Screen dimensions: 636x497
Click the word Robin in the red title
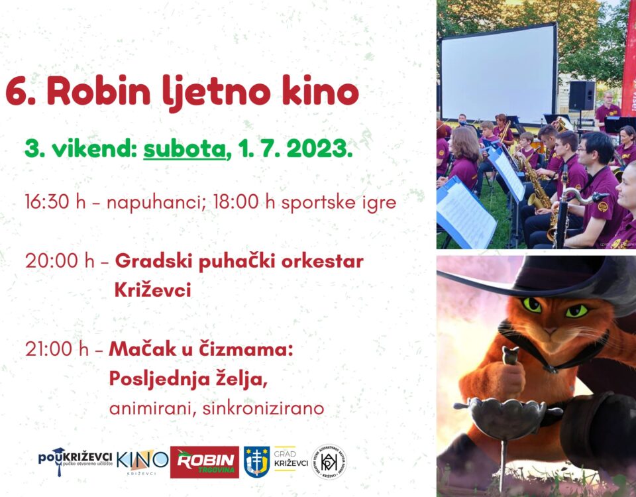[99, 91]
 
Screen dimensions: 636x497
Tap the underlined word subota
[184, 149]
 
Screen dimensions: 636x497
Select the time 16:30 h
[55, 201]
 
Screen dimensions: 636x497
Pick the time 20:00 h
[60, 260]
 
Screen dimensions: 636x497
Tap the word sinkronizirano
[263, 408]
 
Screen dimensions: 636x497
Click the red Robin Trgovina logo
[205, 462]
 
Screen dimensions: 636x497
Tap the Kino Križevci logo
[142, 462]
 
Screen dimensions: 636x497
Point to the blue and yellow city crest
[257, 462]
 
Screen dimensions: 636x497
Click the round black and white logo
[329, 462]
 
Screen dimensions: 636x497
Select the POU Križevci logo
[75, 461]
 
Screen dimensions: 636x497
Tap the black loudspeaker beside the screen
[582, 95]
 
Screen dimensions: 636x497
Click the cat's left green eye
[533, 305]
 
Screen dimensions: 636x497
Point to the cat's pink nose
[550, 331]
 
